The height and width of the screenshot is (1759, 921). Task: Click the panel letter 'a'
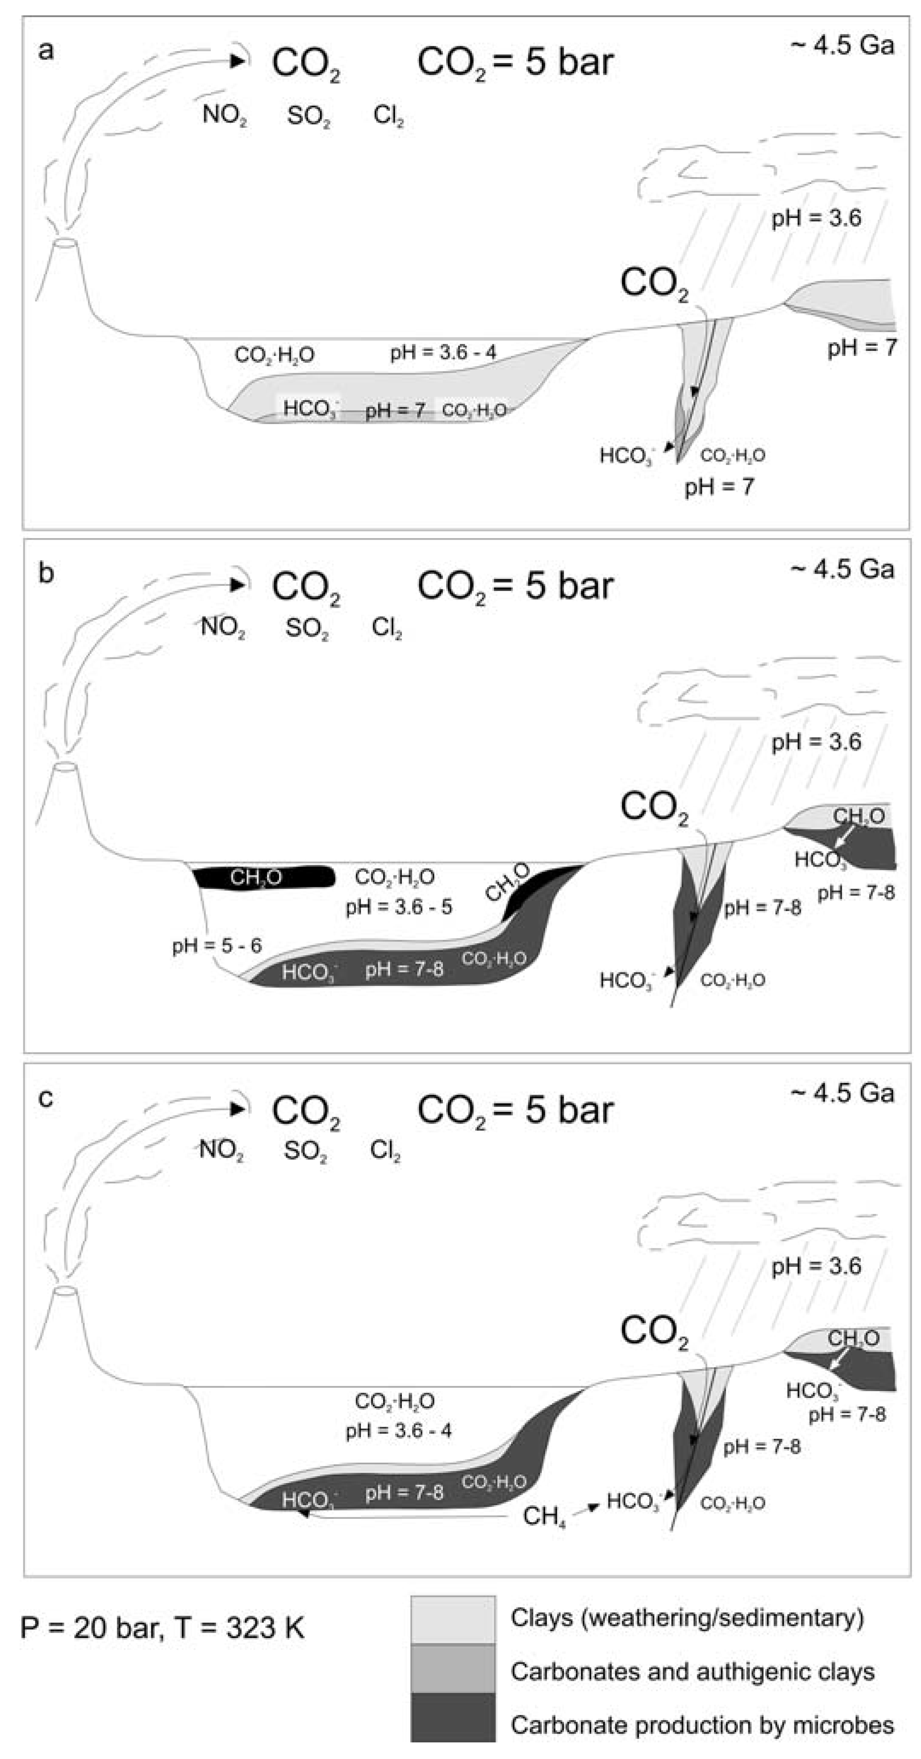click(x=46, y=51)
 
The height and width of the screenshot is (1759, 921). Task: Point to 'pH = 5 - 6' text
click(x=217, y=946)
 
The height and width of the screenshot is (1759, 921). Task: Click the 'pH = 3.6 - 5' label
click(x=398, y=907)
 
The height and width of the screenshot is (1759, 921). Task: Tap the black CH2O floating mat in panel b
click(x=263, y=877)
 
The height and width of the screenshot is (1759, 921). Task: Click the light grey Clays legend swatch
click(x=452, y=1619)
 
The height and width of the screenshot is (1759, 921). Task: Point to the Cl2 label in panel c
click(x=385, y=1151)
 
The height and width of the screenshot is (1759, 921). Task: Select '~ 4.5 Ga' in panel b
click(x=842, y=569)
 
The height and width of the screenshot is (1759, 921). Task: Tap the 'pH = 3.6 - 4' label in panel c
click(x=398, y=1431)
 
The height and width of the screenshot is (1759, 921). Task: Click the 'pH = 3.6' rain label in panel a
click(x=816, y=218)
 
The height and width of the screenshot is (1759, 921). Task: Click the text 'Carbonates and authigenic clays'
click(x=692, y=1670)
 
